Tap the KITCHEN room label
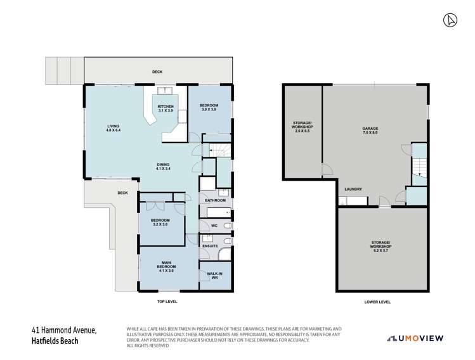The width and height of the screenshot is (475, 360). point(166,108)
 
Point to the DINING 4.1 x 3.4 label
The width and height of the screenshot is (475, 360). point(164,167)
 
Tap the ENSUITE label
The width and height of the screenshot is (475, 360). point(210,245)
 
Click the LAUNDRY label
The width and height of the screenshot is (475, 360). point(353,190)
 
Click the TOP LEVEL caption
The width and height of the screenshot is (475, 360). point(167,302)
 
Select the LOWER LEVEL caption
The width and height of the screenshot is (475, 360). point(378,302)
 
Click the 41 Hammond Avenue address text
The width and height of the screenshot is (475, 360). point(65,330)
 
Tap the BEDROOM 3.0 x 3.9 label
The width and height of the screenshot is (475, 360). point(209,107)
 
